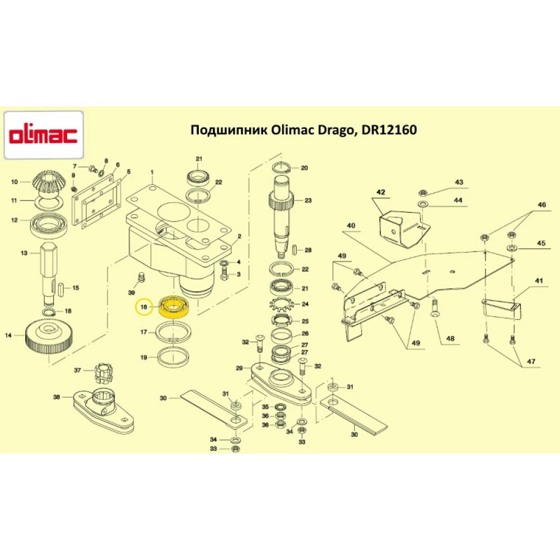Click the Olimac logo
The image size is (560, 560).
[44, 134]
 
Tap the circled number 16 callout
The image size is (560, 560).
[144, 307]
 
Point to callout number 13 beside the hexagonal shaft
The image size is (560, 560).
[24, 253]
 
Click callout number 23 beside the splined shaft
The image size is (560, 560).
[308, 200]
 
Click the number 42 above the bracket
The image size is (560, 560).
[381, 193]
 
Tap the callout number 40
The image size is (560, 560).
[351, 226]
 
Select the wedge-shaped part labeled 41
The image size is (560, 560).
[501, 307]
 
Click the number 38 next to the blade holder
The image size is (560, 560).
[56, 397]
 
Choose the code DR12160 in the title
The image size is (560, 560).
[389, 130]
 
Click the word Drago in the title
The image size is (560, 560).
[329, 130]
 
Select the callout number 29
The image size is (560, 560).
[239, 368]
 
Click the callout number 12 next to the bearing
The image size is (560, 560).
[15, 220]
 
